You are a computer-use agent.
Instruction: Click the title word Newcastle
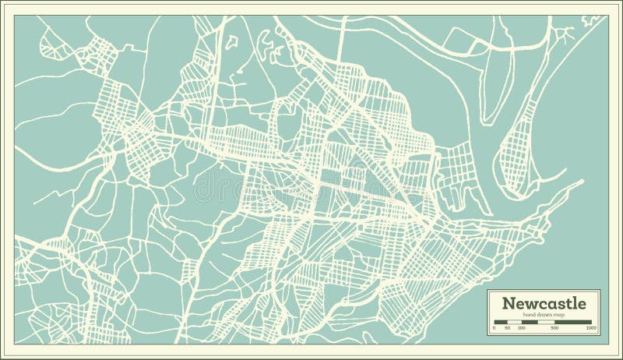coord(540,302)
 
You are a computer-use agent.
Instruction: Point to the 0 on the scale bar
coord(495,329)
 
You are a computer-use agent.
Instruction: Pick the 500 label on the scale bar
coord(554,329)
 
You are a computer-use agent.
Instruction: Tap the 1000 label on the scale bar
coord(592,329)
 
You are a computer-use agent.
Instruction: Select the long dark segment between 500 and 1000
coord(572,322)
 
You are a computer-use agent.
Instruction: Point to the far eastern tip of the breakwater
coord(581,182)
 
